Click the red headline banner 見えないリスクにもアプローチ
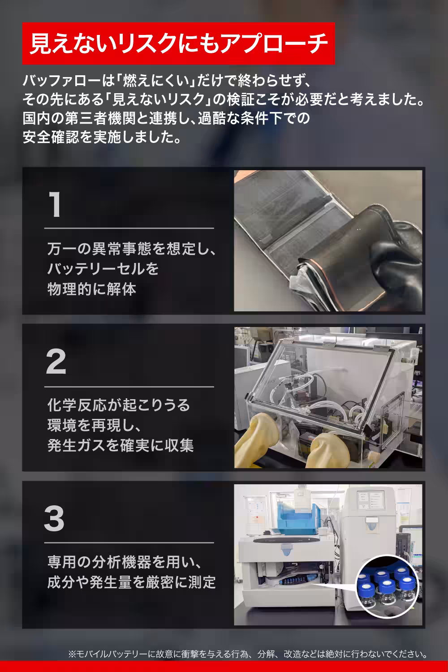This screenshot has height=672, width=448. point(178,44)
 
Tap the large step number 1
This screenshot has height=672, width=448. point(55,205)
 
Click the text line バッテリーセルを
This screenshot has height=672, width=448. point(103,269)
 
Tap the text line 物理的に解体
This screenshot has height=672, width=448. point(92,289)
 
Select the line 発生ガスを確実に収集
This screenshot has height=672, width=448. point(120,445)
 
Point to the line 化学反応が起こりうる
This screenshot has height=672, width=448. point(119,405)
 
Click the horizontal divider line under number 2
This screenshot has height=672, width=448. point(129,387)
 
